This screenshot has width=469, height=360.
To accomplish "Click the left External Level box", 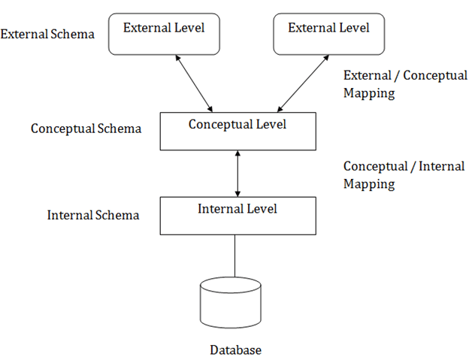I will click(x=163, y=35).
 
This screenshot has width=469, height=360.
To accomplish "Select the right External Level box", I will click(x=328, y=35).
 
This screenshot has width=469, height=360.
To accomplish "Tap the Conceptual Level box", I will click(x=237, y=129).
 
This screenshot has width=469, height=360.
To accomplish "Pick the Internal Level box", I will click(x=237, y=214).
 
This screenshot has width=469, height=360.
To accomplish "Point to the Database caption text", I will click(x=236, y=350).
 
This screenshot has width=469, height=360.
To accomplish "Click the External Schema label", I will click(x=47, y=34).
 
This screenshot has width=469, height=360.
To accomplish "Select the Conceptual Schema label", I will click(x=86, y=129).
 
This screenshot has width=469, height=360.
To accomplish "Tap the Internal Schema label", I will click(x=93, y=215).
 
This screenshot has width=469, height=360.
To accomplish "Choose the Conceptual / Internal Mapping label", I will click(x=404, y=175).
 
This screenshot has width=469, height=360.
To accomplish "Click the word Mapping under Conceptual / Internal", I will click(x=369, y=184).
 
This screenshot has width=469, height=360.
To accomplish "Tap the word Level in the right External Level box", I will click(x=354, y=28).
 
